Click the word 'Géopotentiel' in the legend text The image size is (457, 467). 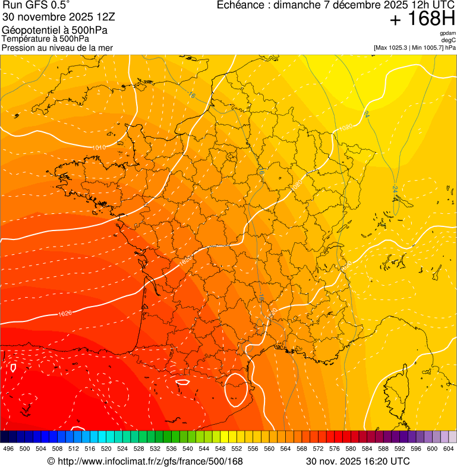pyautogui.click(x=30, y=30)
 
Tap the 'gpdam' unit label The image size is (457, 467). pyautogui.click(x=447, y=33)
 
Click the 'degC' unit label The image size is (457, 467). pyautogui.click(x=449, y=40)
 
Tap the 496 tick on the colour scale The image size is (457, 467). pyautogui.click(x=8, y=448)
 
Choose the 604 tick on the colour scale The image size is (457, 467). pyautogui.click(x=449, y=448)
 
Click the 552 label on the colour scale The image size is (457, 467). pyautogui.click(x=237, y=448)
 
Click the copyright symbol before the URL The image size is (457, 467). pyautogui.click(x=51, y=461)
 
